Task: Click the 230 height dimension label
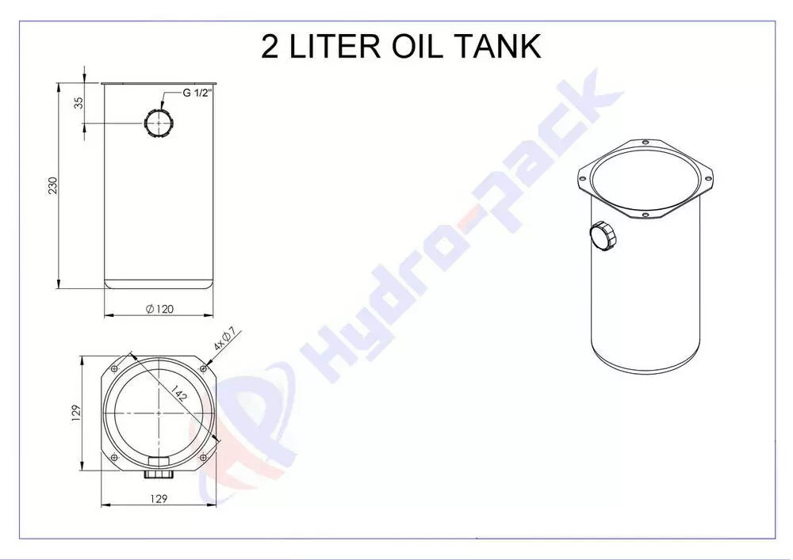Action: click(x=52, y=185)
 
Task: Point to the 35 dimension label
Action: click(x=79, y=103)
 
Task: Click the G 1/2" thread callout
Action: click(x=197, y=93)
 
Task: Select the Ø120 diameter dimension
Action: click(x=159, y=309)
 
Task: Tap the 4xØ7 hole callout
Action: click(x=225, y=339)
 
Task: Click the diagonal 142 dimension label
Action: click(x=178, y=392)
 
